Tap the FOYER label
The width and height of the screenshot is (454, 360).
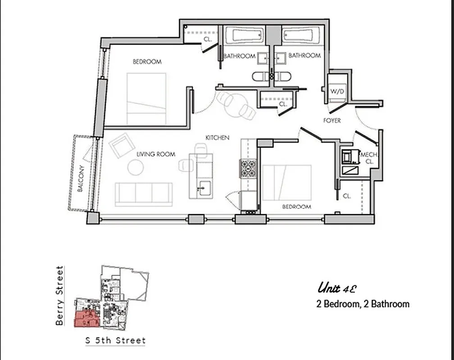[332, 121]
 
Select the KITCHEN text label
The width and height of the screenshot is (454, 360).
[218, 138]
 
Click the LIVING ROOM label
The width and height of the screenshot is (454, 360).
[156, 154]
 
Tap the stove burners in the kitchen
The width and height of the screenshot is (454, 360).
[248, 169]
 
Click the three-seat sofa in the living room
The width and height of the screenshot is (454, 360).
[144, 194]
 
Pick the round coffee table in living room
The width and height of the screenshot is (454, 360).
[135, 167]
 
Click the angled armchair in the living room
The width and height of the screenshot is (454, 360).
[122, 145]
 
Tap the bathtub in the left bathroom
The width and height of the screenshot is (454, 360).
[244, 35]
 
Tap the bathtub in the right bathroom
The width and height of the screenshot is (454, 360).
[301, 35]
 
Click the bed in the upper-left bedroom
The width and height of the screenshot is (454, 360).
[146, 99]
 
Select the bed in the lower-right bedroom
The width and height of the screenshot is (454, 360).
[287, 182]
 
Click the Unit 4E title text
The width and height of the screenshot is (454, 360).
[337, 288]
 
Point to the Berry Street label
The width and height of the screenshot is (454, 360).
[59, 295]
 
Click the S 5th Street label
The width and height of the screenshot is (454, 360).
[116, 340]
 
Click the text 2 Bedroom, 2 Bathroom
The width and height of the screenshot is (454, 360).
[363, 304]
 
